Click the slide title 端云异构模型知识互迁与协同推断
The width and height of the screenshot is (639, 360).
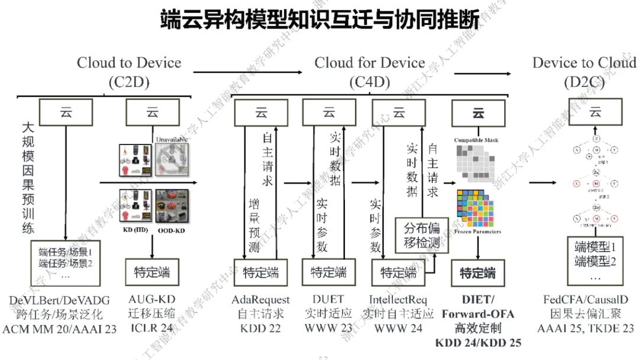pos(319,20)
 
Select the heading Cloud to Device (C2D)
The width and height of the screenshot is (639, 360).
pos(129,72)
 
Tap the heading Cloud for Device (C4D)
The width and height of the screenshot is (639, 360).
pos(370,72)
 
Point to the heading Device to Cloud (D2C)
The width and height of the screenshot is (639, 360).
pos(583,72)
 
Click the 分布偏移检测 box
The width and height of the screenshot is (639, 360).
pos(422,236)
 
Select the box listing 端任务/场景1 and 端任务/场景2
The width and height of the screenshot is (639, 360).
pos(66,261)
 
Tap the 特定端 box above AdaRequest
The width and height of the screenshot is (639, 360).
pos(260,273)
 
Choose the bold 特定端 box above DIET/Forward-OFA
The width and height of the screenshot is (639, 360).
pos(478,273)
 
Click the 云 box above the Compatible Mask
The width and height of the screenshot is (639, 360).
pos(478,112)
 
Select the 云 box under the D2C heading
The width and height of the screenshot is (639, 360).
pos(595,112)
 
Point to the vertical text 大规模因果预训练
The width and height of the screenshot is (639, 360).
pos(27,178)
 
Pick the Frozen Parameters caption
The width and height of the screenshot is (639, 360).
pos(478,232)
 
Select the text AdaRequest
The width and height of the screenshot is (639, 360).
pos(260,300)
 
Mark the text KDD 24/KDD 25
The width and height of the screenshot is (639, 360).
pos(478,342)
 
